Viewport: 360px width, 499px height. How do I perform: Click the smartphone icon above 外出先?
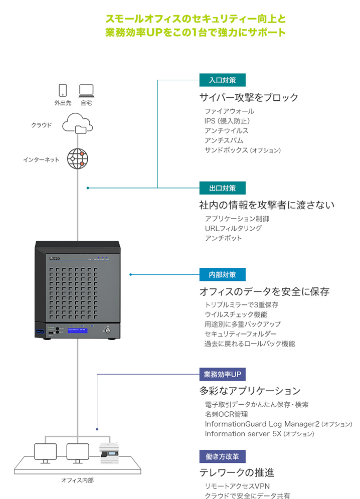(63, 90)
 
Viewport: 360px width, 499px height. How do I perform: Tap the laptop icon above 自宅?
(86, 90)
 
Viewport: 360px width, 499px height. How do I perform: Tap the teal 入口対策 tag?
(222, 80)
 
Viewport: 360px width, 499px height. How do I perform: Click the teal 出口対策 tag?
(222, 188)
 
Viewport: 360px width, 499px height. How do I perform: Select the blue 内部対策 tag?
(222, 274)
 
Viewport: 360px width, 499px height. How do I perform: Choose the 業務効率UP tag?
(222, 374)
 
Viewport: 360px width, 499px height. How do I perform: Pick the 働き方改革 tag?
(222, 456)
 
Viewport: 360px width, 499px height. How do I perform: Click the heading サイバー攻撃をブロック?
(249, 97)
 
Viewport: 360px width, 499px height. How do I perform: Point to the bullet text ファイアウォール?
(229, 111)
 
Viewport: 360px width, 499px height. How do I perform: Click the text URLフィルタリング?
(233, 228)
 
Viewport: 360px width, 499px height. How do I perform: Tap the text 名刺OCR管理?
(226, 414)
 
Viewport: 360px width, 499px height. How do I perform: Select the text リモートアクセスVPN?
(237, 486)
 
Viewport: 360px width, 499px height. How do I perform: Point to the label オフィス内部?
(77, 480)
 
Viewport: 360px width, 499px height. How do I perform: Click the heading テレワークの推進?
(237, 472)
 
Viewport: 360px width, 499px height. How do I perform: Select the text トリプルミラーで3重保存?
(241, 304)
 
